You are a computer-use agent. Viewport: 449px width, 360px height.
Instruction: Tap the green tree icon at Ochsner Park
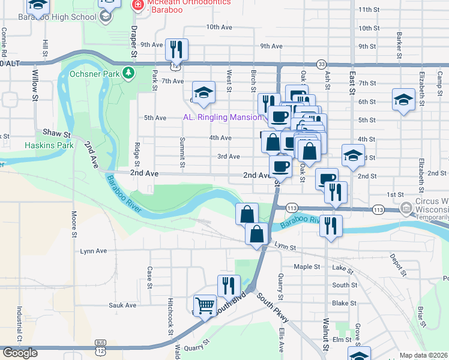(128, 73)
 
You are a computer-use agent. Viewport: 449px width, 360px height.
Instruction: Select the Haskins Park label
(49, 145)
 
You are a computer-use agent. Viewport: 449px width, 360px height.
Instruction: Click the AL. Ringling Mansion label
(222, 117)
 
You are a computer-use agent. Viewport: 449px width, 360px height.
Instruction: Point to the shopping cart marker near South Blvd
(205, 305)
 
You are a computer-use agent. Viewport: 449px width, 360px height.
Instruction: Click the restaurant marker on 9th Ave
(176, 49)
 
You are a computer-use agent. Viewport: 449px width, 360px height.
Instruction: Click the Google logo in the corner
(20, 353)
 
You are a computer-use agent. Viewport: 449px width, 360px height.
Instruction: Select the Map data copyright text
(423, 355)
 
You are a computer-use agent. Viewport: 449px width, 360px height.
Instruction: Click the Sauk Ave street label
(122, 305)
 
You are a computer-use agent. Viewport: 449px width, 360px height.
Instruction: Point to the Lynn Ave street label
(93, 251)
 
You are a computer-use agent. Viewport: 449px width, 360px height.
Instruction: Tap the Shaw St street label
(56, 132)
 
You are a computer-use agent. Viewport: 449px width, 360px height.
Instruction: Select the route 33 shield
(321, 64)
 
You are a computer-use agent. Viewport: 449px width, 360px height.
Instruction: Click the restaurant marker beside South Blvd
(229, 285)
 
